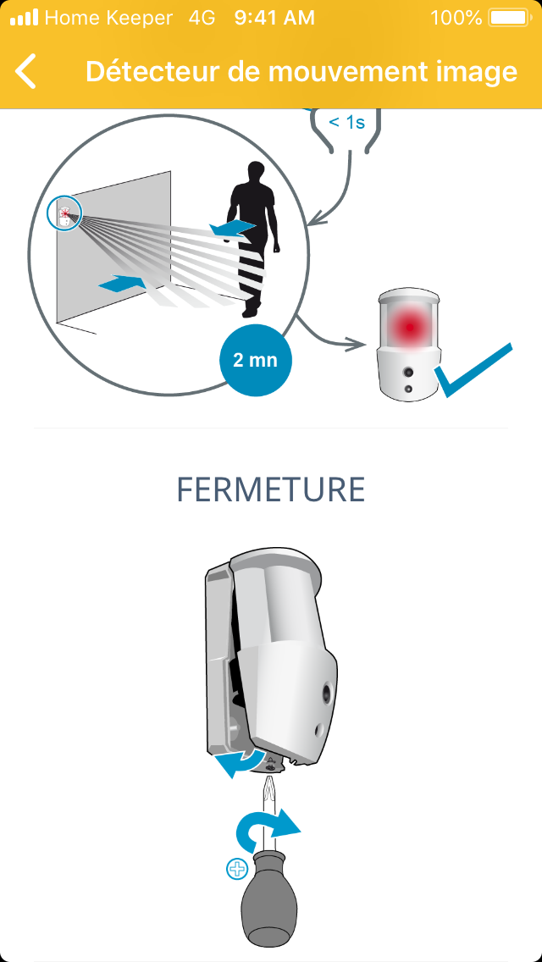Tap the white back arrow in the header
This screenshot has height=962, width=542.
tap(25, 71)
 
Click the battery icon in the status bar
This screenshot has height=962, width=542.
tap(508, 18)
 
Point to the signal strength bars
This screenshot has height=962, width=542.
tap(24, 18)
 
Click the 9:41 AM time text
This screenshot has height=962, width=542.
tap(274, 18)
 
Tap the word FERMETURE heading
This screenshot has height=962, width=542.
tap(271, 489)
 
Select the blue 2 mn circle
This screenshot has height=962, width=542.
tap(256, 360)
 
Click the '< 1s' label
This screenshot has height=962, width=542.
tap(347, 122)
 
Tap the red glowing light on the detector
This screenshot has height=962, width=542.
tap(409, 327)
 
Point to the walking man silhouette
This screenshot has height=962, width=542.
tap(253, 240)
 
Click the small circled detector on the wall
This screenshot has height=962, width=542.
tap(64, 213)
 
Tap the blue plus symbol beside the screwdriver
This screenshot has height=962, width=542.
tap(237, 870)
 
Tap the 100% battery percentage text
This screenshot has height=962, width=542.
tap(456, 18)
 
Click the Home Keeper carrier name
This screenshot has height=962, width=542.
tap(108, 18)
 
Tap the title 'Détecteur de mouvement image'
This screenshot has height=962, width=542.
tap(301, 71)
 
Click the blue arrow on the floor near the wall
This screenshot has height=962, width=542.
tap(122, 284)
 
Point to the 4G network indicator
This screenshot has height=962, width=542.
tap(202, 18)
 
